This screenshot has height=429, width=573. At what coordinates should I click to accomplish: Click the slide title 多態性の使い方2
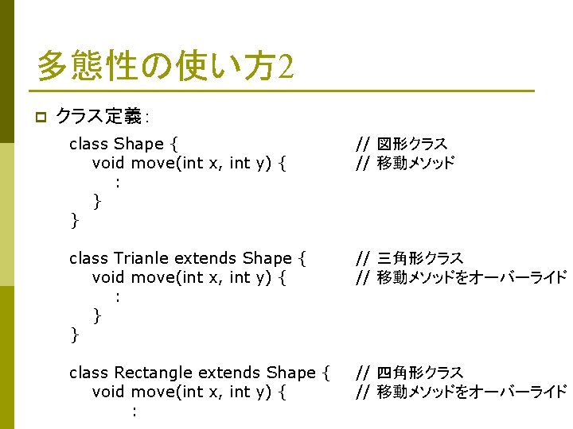(x=166, y=66)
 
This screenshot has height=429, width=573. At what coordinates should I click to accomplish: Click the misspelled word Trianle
(x=141, y=258)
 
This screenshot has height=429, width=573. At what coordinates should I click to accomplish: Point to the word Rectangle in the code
(x=153, y=373)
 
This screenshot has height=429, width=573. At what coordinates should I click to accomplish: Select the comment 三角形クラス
(x=419, y=258)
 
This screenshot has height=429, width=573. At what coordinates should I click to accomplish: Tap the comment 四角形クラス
(x=419, y=373)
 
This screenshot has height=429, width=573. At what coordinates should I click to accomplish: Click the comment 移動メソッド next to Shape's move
(x=415, y=164)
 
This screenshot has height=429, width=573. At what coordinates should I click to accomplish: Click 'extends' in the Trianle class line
(x=205, y=258)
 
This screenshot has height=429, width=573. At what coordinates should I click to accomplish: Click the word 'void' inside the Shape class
(x=109, y=164)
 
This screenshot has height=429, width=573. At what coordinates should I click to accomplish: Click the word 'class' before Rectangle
(x=88, y=373)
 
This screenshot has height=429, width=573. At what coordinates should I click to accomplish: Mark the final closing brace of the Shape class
(x=74, y=220)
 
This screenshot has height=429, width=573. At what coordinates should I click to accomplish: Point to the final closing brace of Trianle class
(x=74, y=334)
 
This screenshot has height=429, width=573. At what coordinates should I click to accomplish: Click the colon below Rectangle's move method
(x=134, y=412)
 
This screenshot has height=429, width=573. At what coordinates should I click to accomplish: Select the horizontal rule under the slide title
(x=285, y=91)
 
